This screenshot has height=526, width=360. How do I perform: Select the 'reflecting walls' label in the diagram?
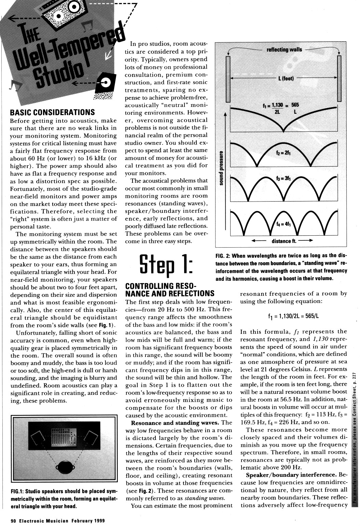click(284, 50)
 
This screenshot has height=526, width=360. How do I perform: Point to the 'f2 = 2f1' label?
click(284, 154)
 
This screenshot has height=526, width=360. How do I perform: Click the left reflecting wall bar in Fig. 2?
click(228, 78)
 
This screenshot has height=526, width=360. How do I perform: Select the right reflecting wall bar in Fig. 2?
click(339, 78)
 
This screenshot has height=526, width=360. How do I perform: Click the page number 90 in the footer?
click(13, 521)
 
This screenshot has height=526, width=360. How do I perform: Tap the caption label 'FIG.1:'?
click(18, 492)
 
